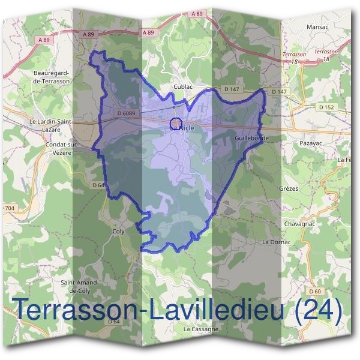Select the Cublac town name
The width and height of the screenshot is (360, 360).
183,86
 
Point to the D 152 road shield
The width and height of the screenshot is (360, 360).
326,107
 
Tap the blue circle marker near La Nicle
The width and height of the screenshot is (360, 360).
176,122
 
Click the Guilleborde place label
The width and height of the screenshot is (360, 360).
251,138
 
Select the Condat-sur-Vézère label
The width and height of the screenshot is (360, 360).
59,149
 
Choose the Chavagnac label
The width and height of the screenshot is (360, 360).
298,224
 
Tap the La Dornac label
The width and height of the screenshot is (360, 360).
277,242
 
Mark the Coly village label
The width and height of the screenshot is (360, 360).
118,230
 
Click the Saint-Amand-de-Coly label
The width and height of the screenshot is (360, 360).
79,286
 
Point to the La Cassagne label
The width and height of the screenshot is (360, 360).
202,329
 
